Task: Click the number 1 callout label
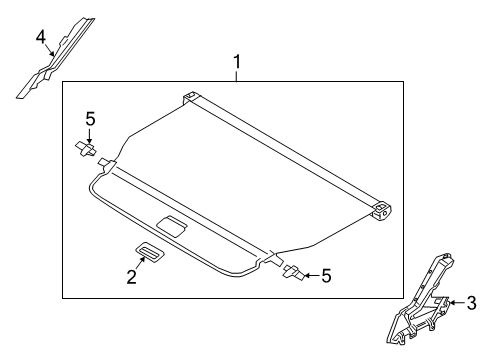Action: click(237, 65)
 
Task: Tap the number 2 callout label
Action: click(131, 277)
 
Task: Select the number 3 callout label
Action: click(473, 304)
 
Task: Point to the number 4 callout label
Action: click(41, 38)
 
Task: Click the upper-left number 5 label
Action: click(89, 120)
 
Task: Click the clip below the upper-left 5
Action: click(86, 149)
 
